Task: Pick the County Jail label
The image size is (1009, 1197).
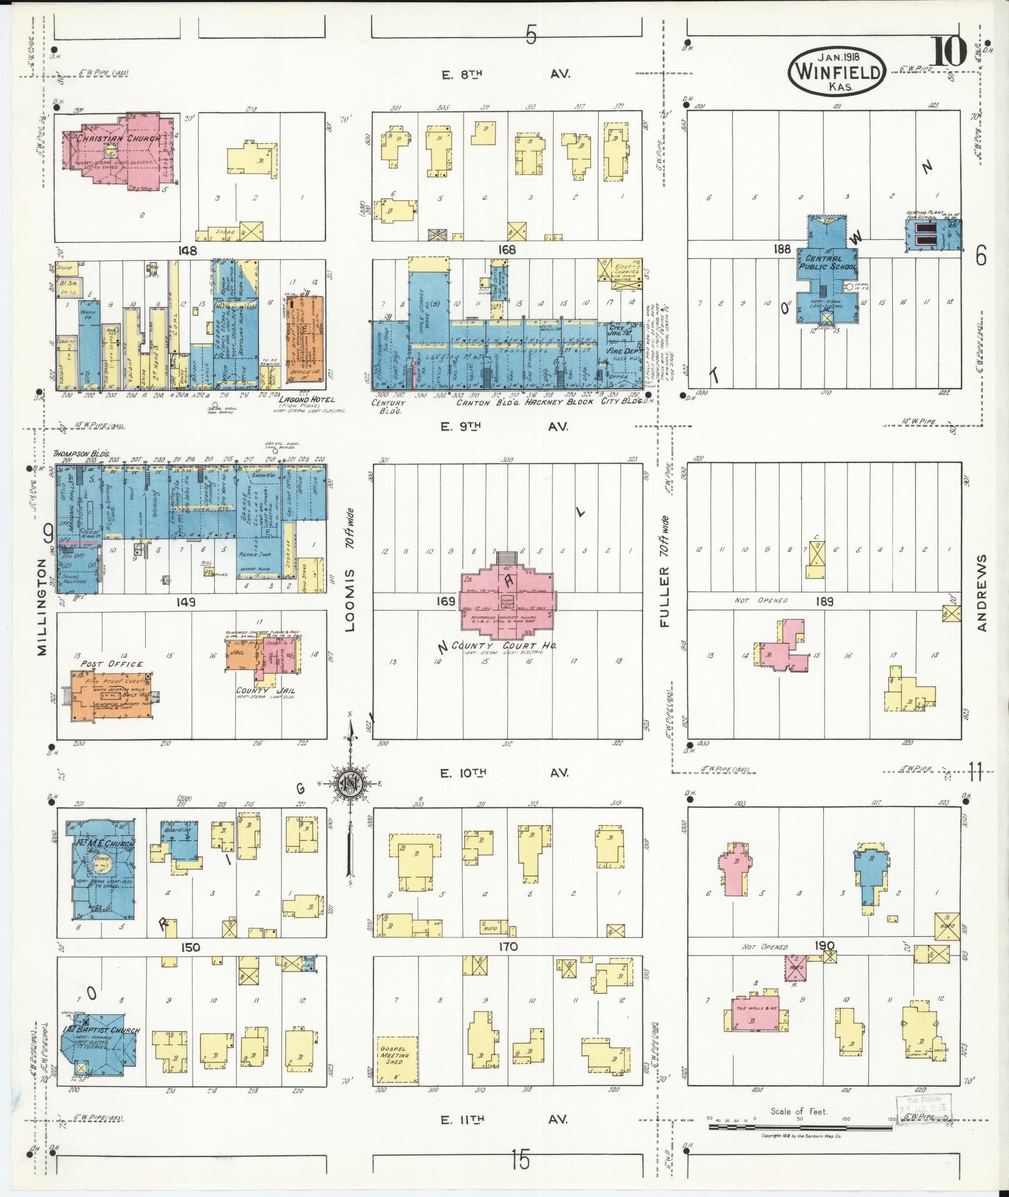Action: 266,691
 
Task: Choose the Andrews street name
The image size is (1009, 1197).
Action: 982,593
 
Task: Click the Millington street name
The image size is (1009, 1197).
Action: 41,606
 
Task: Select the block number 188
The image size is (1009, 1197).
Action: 782,249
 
